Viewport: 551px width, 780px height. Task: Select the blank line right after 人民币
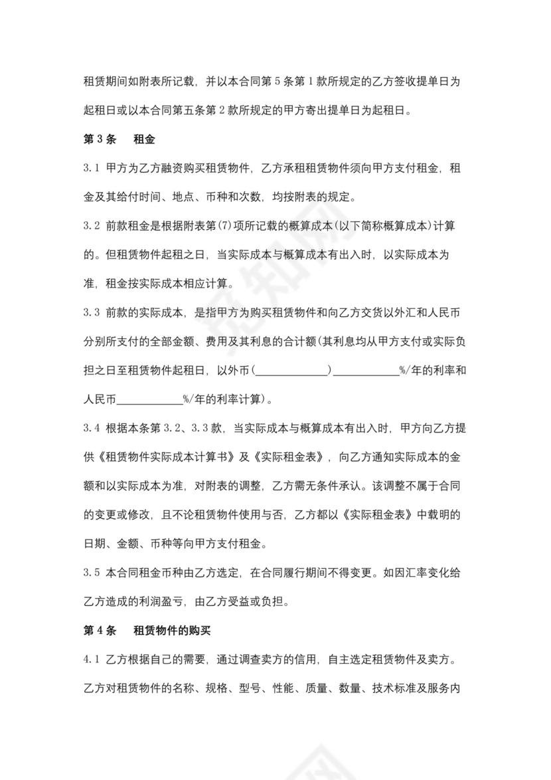tap(149, 400)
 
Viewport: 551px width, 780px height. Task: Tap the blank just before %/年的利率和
tap(365, 371)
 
